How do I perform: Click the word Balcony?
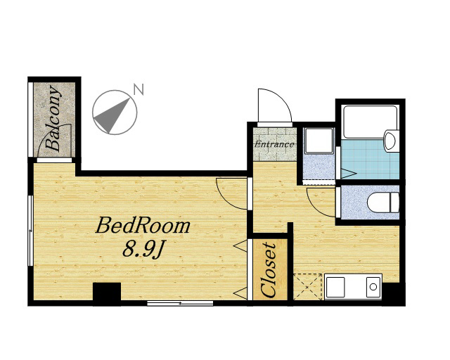coord(53,119)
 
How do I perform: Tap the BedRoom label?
coord(143,226)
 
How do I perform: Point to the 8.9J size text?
coord(143,249)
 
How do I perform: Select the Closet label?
coord(269,270)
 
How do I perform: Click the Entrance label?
coord(274,144)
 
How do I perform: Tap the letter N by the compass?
coord(139,89)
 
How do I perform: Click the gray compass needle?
coord(112,115)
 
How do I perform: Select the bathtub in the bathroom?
coord(371,122)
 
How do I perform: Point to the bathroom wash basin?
coord(391,141)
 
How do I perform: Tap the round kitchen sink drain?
coord(373,286)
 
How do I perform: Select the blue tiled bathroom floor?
coord(370,160)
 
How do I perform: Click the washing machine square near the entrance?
coord(319,141)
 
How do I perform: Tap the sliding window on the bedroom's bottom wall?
coord(180,303)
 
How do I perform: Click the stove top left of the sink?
coord(335,287)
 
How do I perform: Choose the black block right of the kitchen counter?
coord(394,293)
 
